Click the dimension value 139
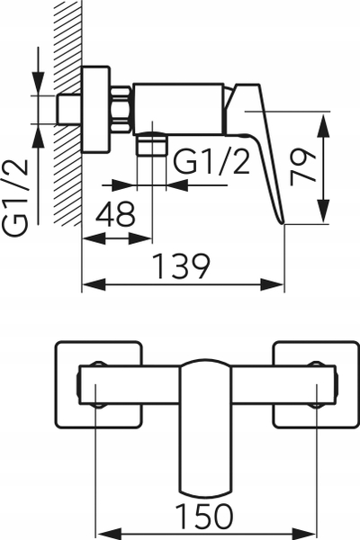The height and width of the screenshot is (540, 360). (182, 266)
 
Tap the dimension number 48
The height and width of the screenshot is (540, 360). (116, 214)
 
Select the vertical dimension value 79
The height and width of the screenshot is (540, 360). (302, 167)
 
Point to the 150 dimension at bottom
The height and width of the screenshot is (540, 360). (204, 517)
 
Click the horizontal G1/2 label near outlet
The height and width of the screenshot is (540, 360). (211, 161)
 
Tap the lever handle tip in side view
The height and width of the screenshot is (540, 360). (283, 222)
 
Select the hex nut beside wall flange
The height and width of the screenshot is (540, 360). (121, 110)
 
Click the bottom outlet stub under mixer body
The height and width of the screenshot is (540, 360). (151, 144)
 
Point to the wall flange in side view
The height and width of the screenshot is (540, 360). (96, 109)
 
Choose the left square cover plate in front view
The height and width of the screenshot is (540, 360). (98, 384)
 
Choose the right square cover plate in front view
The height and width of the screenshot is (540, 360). (316, 384)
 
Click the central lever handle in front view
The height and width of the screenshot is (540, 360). (206, 428)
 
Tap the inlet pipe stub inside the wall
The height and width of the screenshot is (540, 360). (69, 109)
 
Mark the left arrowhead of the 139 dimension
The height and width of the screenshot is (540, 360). (94, 284)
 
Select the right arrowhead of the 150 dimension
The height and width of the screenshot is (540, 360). (305, 535)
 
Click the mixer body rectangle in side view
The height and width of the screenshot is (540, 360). (179, 109)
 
